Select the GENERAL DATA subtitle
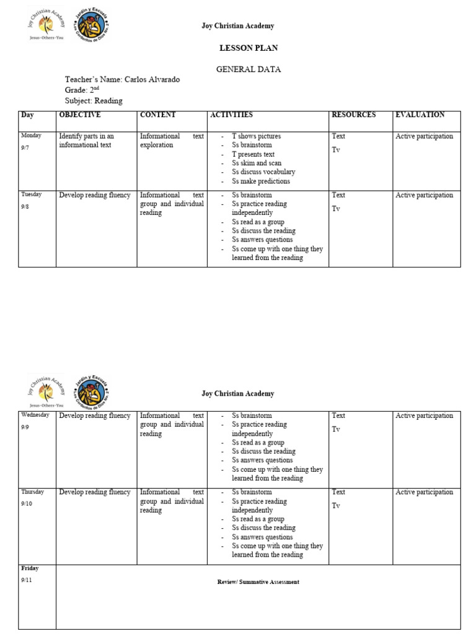(248, 69)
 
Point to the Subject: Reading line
(94, 100)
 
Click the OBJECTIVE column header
(79, 115)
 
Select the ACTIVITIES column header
(231, 115)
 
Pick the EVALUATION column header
(420, 115)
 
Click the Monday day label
(31, 135)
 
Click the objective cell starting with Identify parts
(86, 141)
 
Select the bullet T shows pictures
(256, 136)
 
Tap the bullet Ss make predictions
(261, 181)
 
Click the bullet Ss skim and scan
(257, 163)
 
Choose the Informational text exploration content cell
(172, 141)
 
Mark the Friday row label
(30, 568)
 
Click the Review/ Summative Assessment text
(258, 582)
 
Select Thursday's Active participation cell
(424, 492)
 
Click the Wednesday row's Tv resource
(336, 429)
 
